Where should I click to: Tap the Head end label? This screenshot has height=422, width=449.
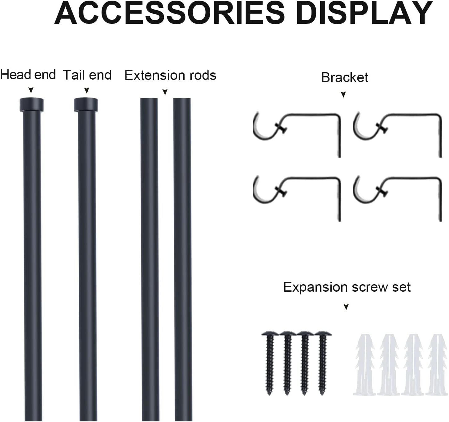coord(28,75)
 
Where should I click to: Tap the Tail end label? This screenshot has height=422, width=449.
coord(87,75)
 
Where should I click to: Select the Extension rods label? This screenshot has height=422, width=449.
coord(170,76)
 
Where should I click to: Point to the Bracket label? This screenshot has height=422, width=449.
coord(345,77)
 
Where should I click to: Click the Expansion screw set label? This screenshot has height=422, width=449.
coord(347,287)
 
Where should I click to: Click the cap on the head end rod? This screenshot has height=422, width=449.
coord(32,105)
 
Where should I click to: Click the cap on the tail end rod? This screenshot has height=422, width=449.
coord(86,105)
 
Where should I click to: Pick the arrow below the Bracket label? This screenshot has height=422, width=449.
coord(343,95)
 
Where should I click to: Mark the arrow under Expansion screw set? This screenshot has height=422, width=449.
coord(346,307)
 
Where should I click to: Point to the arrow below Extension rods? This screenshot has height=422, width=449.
coord(165,92)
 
